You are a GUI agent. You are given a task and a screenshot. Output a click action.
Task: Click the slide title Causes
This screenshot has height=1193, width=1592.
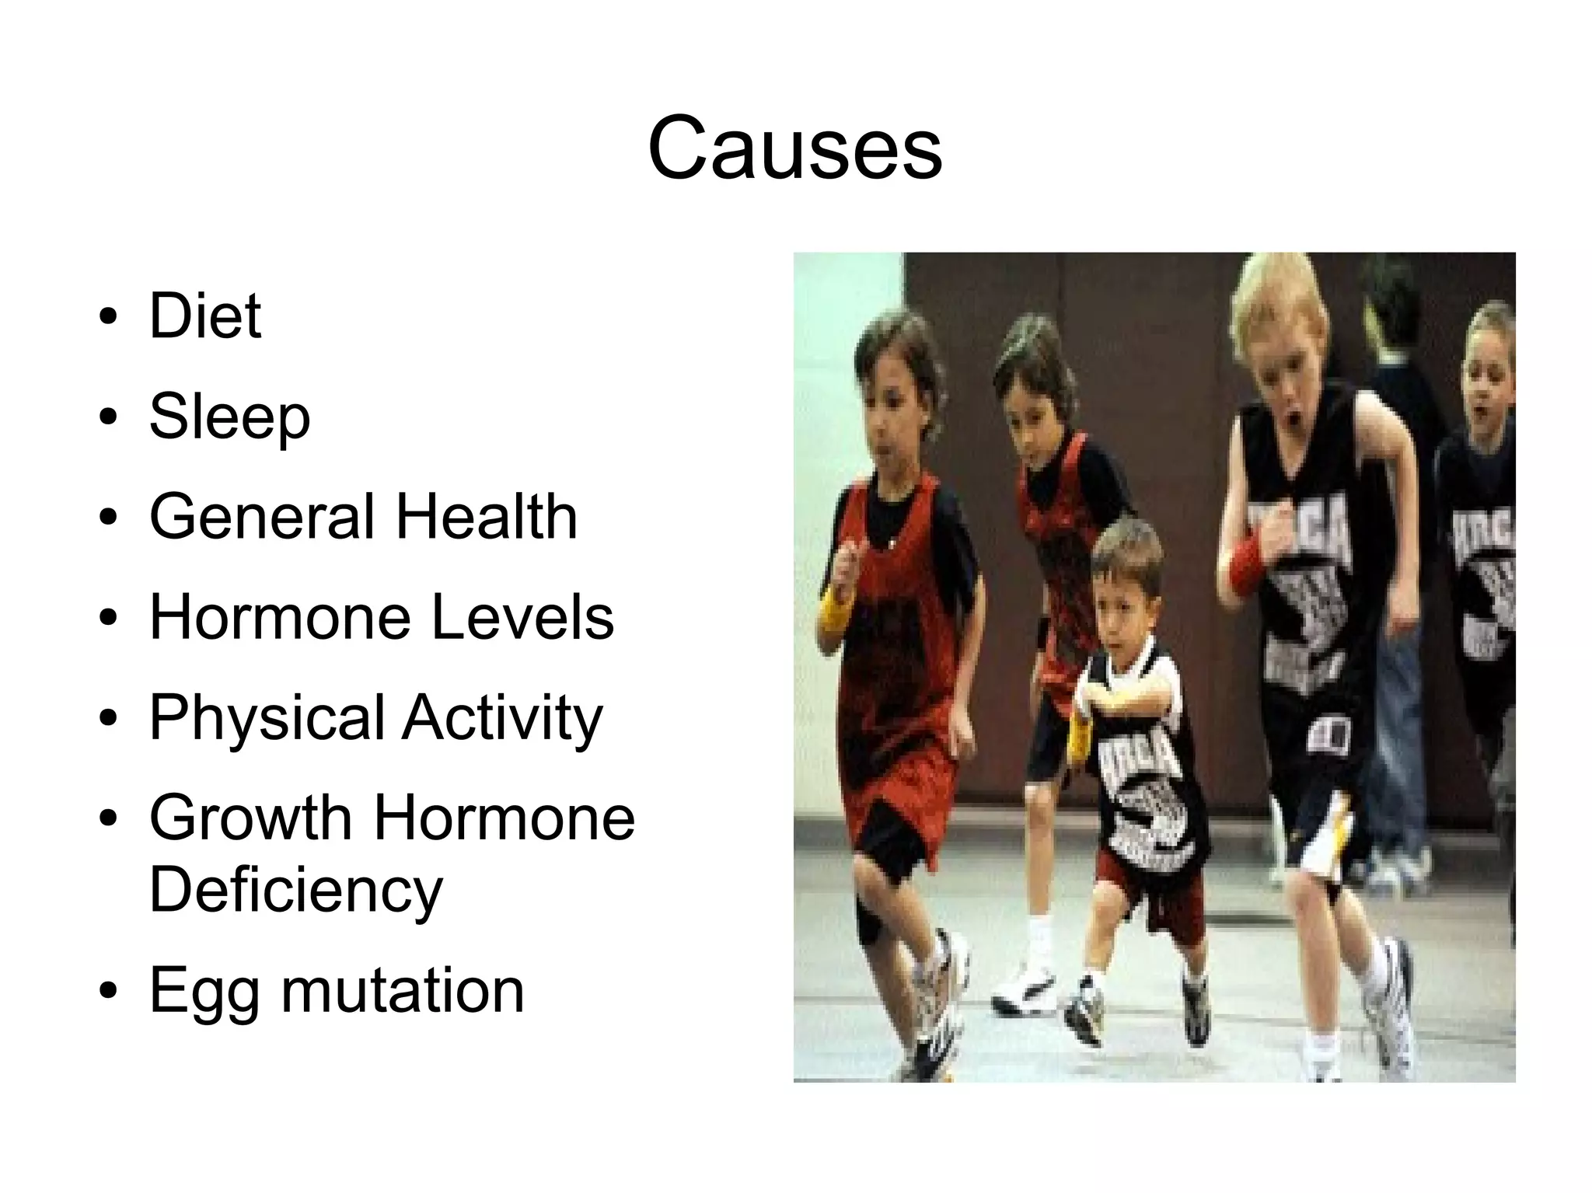pyautogui.click(x=794, y=148)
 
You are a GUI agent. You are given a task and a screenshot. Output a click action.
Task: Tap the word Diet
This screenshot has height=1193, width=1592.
pyautogui.click(x=205, y=316)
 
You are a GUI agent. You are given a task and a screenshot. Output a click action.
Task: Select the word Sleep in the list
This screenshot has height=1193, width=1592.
pyautogui.click(x=229, y=417)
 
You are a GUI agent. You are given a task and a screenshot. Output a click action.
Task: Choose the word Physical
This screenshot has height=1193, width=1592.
pyautogui.click(x=268, y=718)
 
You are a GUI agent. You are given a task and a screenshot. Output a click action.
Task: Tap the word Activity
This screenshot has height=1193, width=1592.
pyautogui.click(x=502, y=718)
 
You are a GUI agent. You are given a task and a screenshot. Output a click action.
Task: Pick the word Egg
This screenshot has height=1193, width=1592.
pyautogui.click(x=204, y=992)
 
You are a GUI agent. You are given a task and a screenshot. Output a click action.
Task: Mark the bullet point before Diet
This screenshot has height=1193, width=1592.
pyautogui.click(x=109, y=317)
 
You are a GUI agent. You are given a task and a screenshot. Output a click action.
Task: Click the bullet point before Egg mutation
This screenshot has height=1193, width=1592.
pyautogui.click(x=109, y=992)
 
